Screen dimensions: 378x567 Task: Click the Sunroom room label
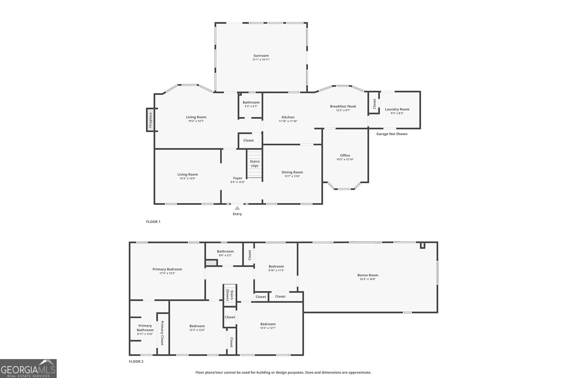[x=261, y=56]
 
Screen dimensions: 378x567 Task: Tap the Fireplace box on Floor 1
[x=151, y=120]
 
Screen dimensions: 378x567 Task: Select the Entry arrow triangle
[x=237, y=208]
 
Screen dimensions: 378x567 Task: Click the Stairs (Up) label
[x=254, y=164]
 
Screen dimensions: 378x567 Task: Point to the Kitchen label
[x=288, y=117]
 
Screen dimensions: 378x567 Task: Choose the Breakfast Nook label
[x=343, y=106]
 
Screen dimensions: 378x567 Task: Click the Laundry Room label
[x=397, y=109]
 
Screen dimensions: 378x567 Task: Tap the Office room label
[x=345, y=155]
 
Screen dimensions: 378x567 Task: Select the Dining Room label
[x=292, y=172]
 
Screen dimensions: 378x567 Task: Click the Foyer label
[x=237, y=178]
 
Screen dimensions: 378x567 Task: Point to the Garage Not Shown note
[x=392, y=134]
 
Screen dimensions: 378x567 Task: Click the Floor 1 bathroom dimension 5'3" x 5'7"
[x=251, y=106]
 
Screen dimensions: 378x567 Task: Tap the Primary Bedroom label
[x=167, y=269]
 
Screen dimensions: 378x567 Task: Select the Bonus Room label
[x=367, y=275]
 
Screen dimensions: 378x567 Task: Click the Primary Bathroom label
[x=145, y=328]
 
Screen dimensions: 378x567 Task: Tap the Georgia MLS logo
[x=28, y=368]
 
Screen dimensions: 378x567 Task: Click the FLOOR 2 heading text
[x=136, y=362]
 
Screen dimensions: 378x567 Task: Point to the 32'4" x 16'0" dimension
[x=367, y=279]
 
